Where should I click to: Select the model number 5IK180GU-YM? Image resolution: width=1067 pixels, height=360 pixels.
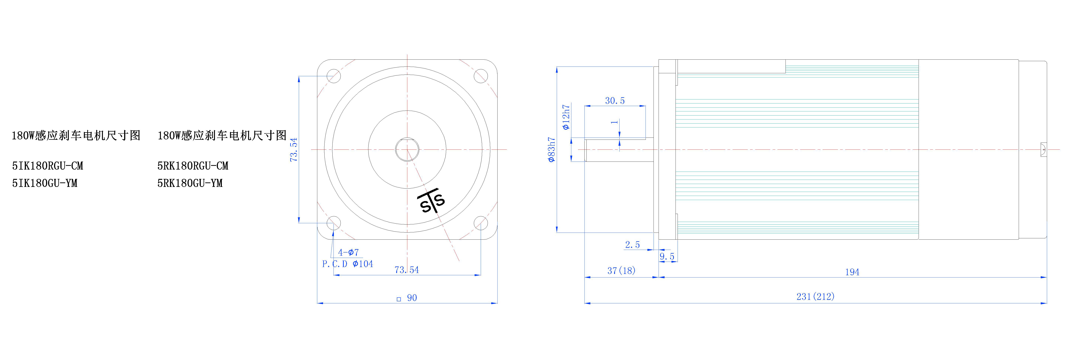coord(45,183)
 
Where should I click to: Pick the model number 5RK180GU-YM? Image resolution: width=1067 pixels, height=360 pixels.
coord(190,183)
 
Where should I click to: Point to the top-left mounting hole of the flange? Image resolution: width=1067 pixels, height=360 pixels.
coord(333,76)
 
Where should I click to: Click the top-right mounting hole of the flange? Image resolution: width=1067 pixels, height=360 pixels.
coord(481,76)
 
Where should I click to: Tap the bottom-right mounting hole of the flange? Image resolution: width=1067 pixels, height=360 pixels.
coord(481,223)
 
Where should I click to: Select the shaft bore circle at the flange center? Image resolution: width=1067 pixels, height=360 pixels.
coord(407,149)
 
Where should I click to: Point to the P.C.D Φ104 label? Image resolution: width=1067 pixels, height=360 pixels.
coord(347,264)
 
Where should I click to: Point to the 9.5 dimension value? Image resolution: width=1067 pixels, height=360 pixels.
coord(667,256)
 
